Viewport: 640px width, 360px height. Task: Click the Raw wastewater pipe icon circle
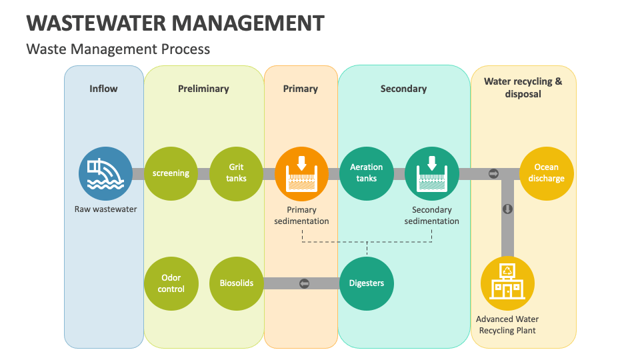105,173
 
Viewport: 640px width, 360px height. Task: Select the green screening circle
171,173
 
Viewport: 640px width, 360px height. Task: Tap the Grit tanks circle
237,173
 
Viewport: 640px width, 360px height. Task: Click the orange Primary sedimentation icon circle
301,173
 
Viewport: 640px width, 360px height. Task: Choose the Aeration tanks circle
367,173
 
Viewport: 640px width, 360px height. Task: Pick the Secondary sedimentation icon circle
432,173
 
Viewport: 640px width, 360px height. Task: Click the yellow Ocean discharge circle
546,173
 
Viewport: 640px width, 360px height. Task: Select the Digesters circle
367,283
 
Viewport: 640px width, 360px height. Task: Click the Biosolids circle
237,283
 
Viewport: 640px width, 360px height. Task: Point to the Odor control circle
171,283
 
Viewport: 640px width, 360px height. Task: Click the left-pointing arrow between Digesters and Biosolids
305,283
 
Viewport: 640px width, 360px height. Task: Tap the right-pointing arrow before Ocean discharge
493,173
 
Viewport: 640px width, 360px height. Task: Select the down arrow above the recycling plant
507,209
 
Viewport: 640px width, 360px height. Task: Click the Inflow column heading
103,89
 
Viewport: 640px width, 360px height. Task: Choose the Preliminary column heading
203,89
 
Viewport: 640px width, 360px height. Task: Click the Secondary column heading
403,89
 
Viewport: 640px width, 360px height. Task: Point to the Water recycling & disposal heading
523,88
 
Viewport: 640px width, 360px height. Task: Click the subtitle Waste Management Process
118,49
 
